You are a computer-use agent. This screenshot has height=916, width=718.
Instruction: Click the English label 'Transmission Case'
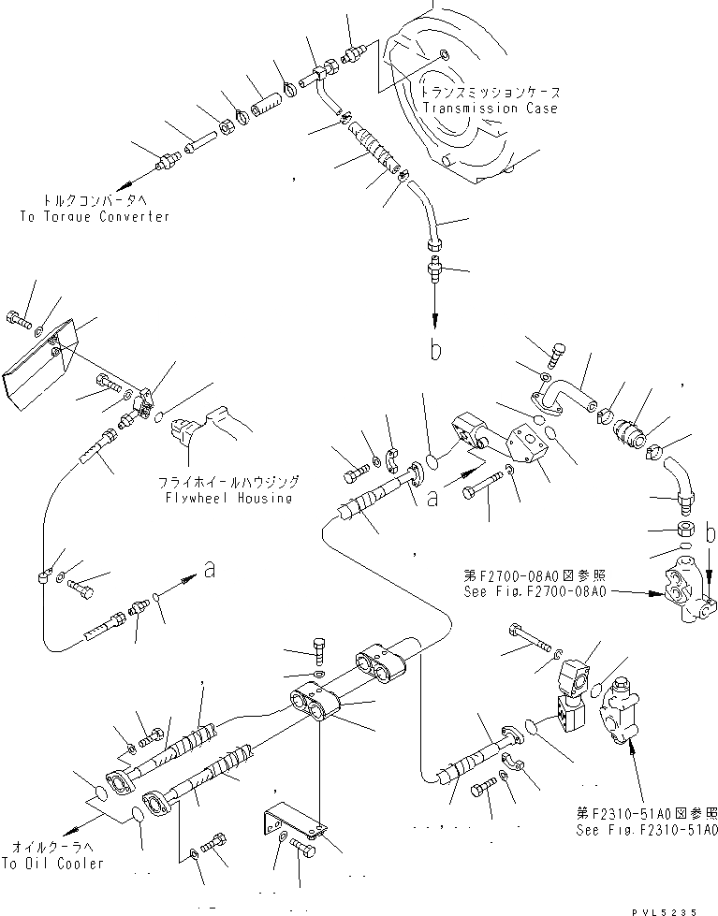click(x=490, y=109)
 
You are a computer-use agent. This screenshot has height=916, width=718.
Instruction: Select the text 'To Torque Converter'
click(x=95, y=216)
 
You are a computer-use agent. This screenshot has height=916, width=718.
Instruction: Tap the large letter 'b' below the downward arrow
click(x=433, y=351)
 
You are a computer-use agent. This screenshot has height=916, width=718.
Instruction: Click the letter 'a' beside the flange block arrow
click(x=432, y=499)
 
